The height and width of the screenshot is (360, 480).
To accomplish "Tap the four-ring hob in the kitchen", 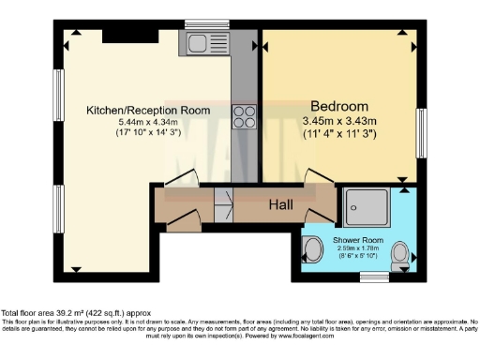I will point(244,117).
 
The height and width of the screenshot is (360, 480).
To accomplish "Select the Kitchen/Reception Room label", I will point(147,110).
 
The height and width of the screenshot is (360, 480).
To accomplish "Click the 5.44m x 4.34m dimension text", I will point(147,122).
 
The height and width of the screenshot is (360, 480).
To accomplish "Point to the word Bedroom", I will point(338,106).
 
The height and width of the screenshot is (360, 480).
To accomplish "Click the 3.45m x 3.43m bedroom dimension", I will point(338,121).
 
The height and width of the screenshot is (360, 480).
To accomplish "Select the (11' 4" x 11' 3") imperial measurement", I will point(338,134).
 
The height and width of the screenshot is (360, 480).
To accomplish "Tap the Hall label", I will point(281,204).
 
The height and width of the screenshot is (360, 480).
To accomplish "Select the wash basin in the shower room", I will point(313,248).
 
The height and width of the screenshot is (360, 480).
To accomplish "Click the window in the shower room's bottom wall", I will point(375,277).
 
